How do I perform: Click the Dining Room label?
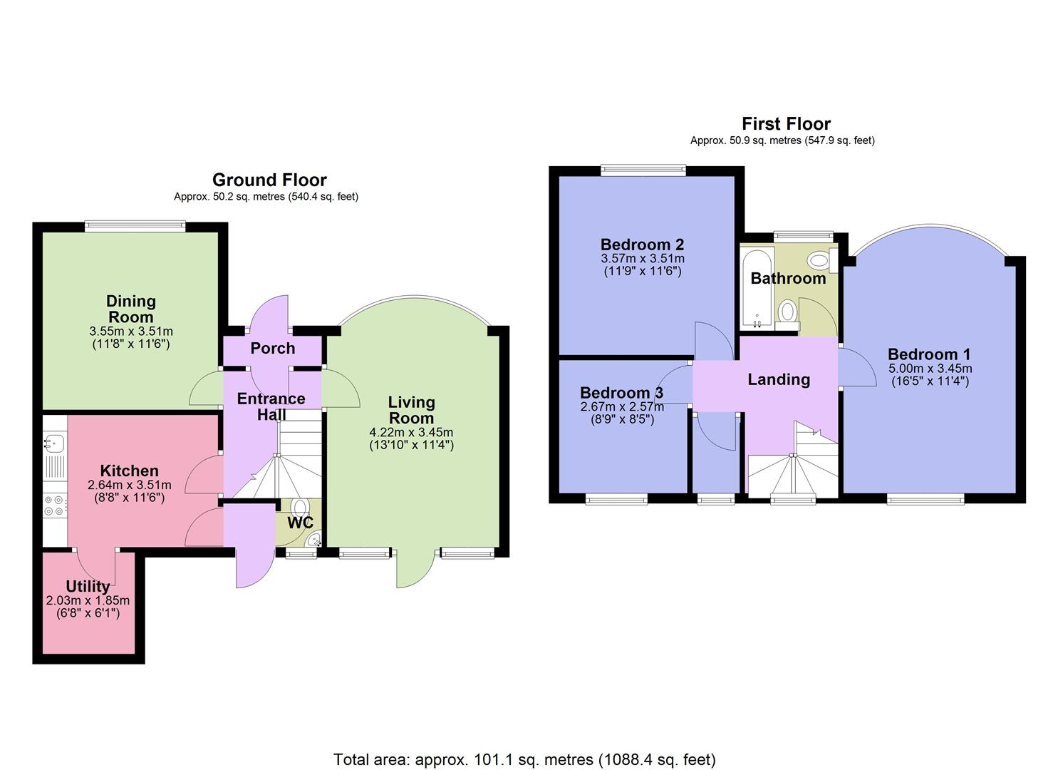pos(130,309)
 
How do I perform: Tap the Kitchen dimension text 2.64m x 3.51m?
pos(129,485)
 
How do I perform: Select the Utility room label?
pos(88,586)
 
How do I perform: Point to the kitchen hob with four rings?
pos(54,505)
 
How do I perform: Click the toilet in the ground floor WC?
pos(300,508)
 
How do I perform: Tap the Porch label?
pos(272,348)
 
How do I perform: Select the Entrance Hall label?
pos(271,406)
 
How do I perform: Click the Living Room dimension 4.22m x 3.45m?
pos(411,432)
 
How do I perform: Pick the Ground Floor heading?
pos(269,180)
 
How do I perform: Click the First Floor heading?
pos(786,123)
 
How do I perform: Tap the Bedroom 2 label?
pos(642,245)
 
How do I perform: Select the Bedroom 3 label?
pos(621,393)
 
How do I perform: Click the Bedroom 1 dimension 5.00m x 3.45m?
pos(930,369)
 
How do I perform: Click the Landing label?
pos(779,379)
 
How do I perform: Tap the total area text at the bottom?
pos(524,759)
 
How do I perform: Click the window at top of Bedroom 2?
pos(643,170)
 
